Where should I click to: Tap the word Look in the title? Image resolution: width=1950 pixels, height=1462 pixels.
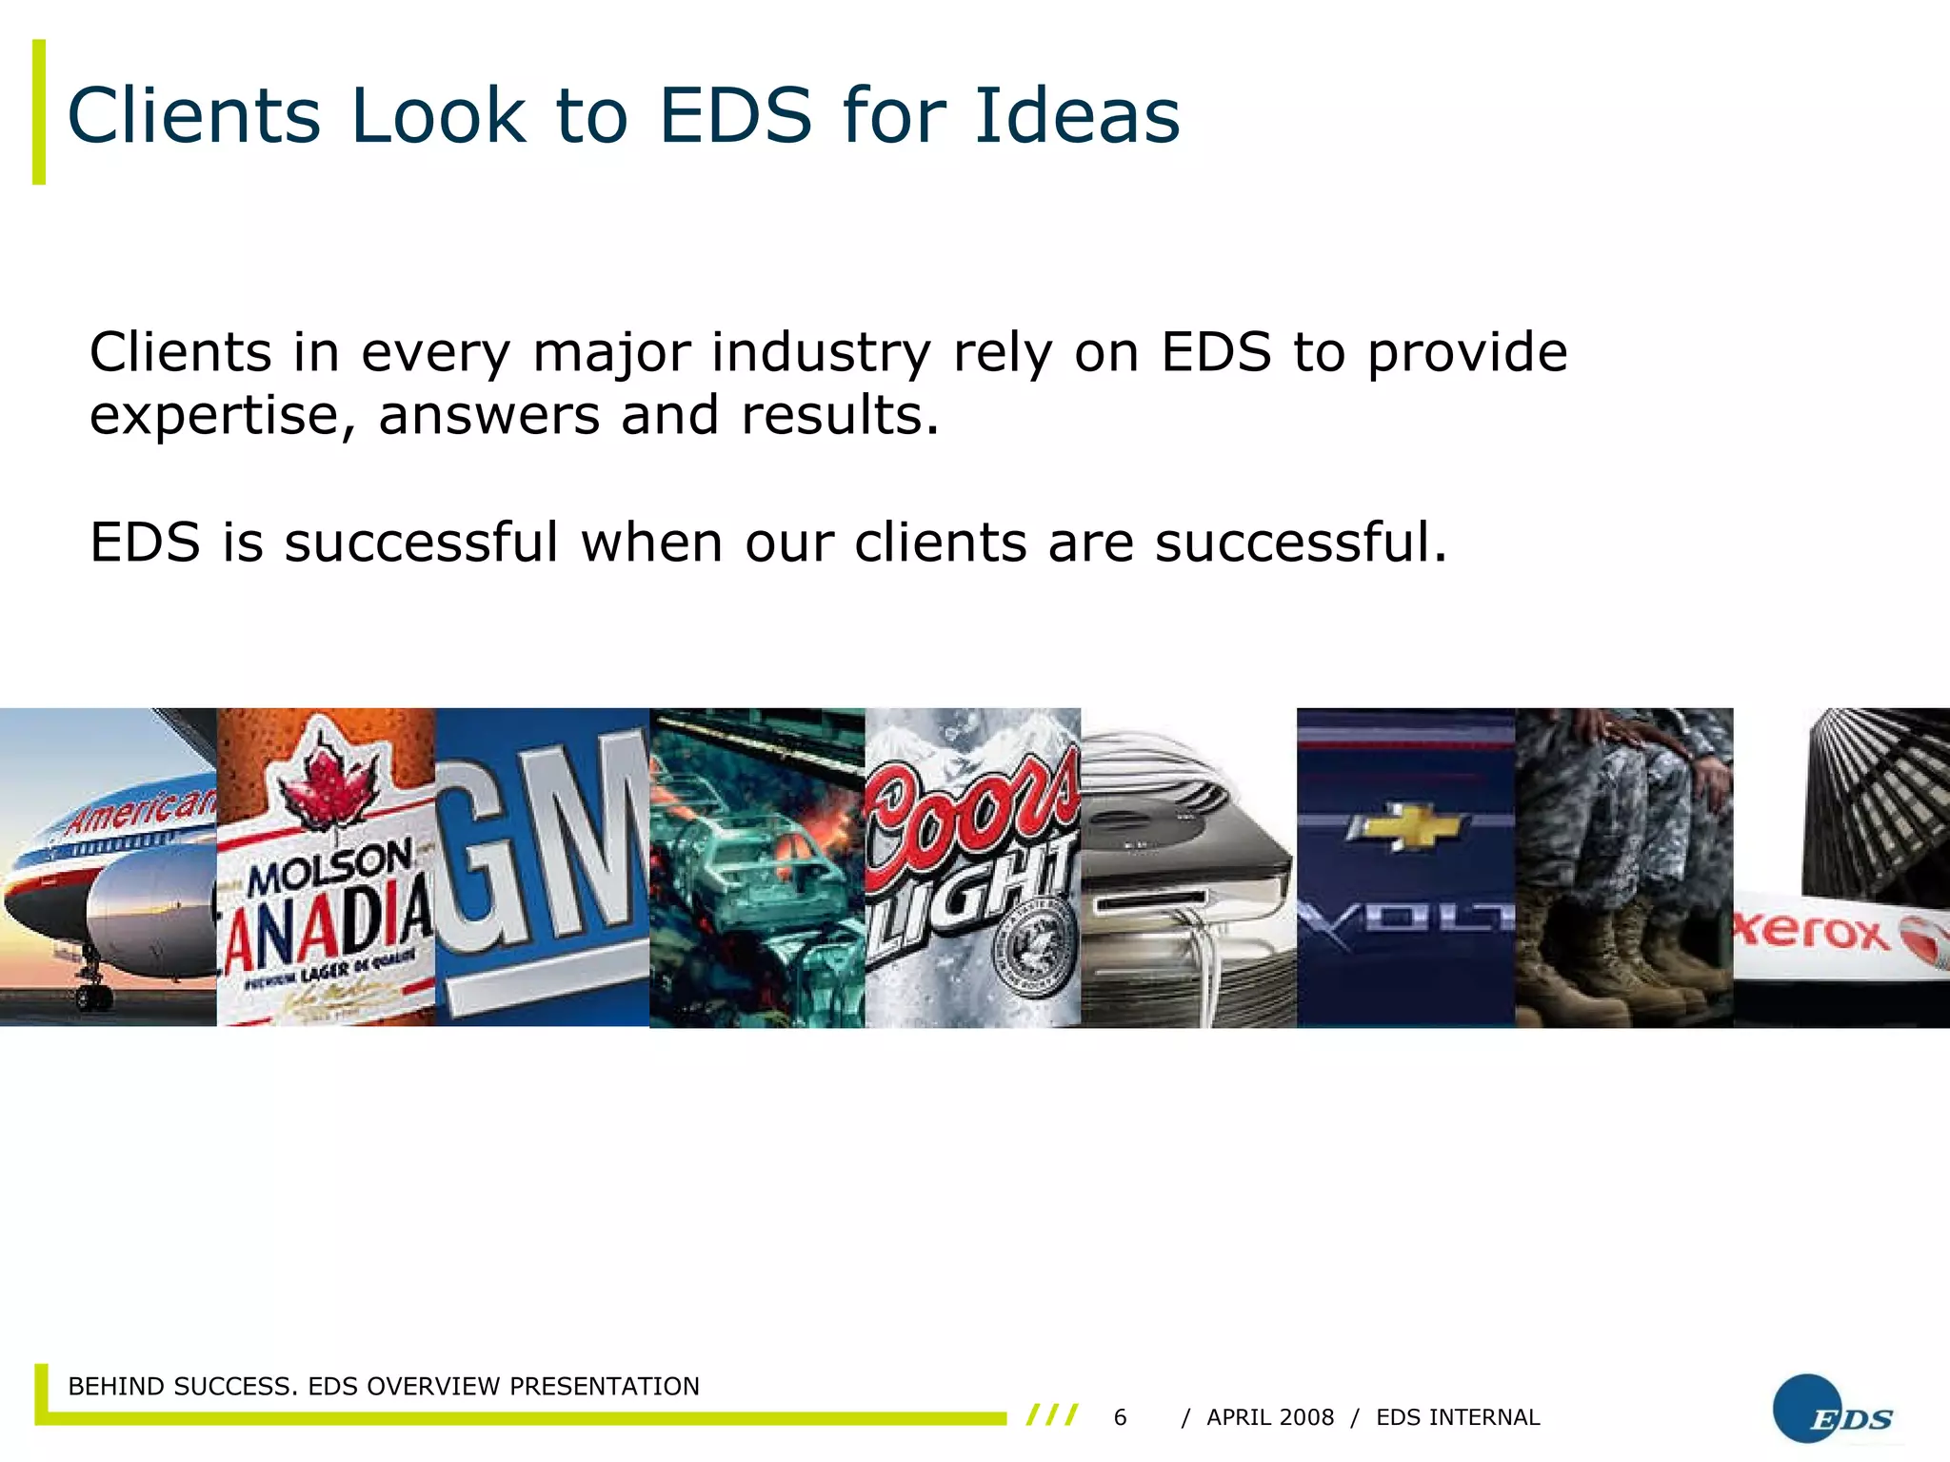[438, 116]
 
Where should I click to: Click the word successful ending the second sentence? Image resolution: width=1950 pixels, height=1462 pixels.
[1301, 543]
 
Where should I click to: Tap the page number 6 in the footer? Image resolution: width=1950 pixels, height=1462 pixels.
[1120, 1417]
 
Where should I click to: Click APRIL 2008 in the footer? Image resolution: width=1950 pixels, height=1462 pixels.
[1270, 1417]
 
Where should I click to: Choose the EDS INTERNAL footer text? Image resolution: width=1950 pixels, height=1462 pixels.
[1458, 1417]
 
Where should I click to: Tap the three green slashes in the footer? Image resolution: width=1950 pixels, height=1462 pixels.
[1052, 1415]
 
